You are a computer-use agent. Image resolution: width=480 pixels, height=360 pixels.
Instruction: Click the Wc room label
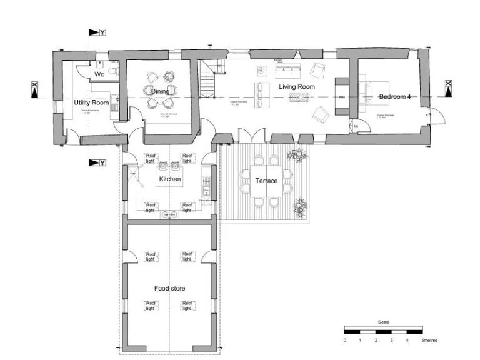click(99, 74)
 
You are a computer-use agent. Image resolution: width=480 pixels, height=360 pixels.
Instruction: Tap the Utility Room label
click(91, 102)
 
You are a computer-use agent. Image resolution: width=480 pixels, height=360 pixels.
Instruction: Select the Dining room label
click(160, 92)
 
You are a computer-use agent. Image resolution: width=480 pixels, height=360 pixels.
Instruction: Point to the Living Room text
click(296, 87)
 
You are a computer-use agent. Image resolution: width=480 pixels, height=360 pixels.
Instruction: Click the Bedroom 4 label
click(395, 97)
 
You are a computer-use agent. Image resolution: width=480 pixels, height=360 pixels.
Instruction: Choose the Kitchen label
click(170, 179)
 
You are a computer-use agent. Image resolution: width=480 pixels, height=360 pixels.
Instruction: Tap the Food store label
click(170, 288)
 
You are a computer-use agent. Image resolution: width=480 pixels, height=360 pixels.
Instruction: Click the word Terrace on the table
click(266, 181)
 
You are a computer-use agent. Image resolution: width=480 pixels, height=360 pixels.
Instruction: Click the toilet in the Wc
click(112, 72)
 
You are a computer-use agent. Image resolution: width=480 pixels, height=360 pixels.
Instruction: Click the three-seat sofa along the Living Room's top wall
click(289, 67)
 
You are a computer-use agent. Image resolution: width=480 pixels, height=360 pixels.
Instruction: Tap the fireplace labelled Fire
click(342, 97)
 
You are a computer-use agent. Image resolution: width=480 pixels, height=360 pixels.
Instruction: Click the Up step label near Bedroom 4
click(356, 127)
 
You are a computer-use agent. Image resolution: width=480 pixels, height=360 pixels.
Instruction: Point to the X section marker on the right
click(448, 89)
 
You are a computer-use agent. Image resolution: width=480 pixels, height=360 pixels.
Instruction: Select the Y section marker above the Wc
click(97, 32)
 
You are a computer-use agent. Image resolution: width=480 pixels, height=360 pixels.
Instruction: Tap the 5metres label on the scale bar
click(429, 341)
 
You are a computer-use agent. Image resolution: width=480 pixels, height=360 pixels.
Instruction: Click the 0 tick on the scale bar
click(345, 341)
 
